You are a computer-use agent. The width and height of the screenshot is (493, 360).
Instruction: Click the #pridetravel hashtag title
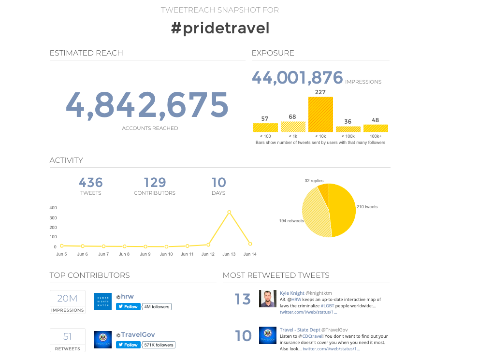[220, 28]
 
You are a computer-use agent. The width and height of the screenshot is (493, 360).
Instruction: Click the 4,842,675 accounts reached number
[146, 104]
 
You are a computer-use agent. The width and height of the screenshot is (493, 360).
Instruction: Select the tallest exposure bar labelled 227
[320, 115]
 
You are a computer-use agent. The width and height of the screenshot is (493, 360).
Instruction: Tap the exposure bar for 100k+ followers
[376, 128]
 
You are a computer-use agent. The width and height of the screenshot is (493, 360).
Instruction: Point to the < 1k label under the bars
[293, 136]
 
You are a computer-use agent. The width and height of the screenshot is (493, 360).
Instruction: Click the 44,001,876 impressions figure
[297, 78]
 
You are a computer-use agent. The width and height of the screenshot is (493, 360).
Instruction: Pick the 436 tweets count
[91, 183]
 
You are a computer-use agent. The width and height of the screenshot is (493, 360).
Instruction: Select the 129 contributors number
[155, 183]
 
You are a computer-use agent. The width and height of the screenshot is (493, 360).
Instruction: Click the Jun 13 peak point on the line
[229, 212]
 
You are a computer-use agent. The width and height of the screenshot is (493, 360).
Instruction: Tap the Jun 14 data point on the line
[250, 244]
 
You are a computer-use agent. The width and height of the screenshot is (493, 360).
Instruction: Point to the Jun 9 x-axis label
[145, 254]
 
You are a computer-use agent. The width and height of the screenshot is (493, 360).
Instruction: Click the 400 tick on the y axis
[53, 208]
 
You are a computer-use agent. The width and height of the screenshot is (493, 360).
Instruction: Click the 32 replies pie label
[314, 181]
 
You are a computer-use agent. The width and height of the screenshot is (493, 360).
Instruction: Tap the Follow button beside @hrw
[128, 306]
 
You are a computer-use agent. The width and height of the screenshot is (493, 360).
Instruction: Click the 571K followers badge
[159, 345]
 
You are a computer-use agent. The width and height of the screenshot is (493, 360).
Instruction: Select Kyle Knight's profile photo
[267, 299]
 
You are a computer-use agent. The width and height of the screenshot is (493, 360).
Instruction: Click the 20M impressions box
[68, 302]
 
